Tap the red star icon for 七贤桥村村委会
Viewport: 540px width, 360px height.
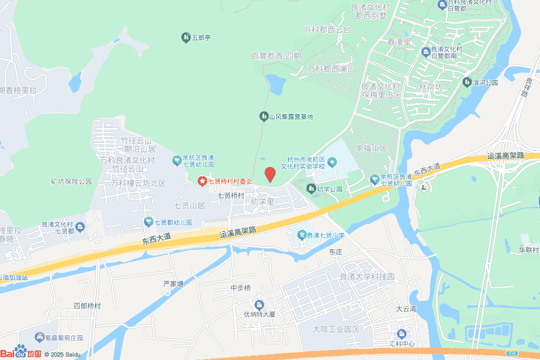point(202,181)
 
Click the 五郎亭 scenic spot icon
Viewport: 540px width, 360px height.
point(186,37)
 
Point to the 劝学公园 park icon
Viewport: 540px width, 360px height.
point(311,188)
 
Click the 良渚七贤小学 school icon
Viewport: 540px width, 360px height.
point(302,235)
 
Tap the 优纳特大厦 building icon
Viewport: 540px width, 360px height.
point(259,305)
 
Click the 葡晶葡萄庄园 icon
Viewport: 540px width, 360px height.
point(40,337)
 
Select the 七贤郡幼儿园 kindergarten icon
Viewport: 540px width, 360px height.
point(149,222)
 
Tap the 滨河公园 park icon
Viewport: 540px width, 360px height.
point(467,82)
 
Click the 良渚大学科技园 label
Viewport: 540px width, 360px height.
point(368,277)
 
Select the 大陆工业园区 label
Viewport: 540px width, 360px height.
point(336,329)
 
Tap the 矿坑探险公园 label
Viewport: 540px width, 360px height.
point(72,181)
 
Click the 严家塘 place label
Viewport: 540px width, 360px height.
point(173,284)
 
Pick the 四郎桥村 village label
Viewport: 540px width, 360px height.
point(87,306)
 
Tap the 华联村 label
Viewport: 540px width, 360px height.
point(528,250)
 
